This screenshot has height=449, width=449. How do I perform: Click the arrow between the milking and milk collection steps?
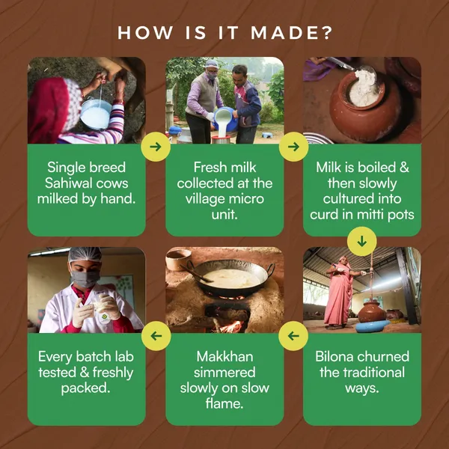click(156, 147)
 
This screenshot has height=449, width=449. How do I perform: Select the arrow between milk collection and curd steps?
click(293, 147)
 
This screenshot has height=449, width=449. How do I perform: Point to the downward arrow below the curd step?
click(362, 242)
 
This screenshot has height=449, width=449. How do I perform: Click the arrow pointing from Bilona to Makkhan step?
click(293, 336)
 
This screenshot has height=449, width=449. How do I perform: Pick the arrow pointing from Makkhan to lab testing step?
click(156, 336)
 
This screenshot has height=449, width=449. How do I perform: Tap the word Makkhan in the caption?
click(224, 357)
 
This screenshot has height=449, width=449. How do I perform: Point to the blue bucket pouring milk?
click(226, 120)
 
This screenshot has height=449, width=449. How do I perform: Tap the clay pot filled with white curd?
click(362, 106)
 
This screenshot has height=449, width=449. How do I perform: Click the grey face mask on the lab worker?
click(85, 278)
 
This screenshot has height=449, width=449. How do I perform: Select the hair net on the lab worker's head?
click(85, 254)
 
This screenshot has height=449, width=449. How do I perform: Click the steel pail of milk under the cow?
click(95, 114)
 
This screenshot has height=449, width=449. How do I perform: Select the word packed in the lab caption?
click(86, 388)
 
